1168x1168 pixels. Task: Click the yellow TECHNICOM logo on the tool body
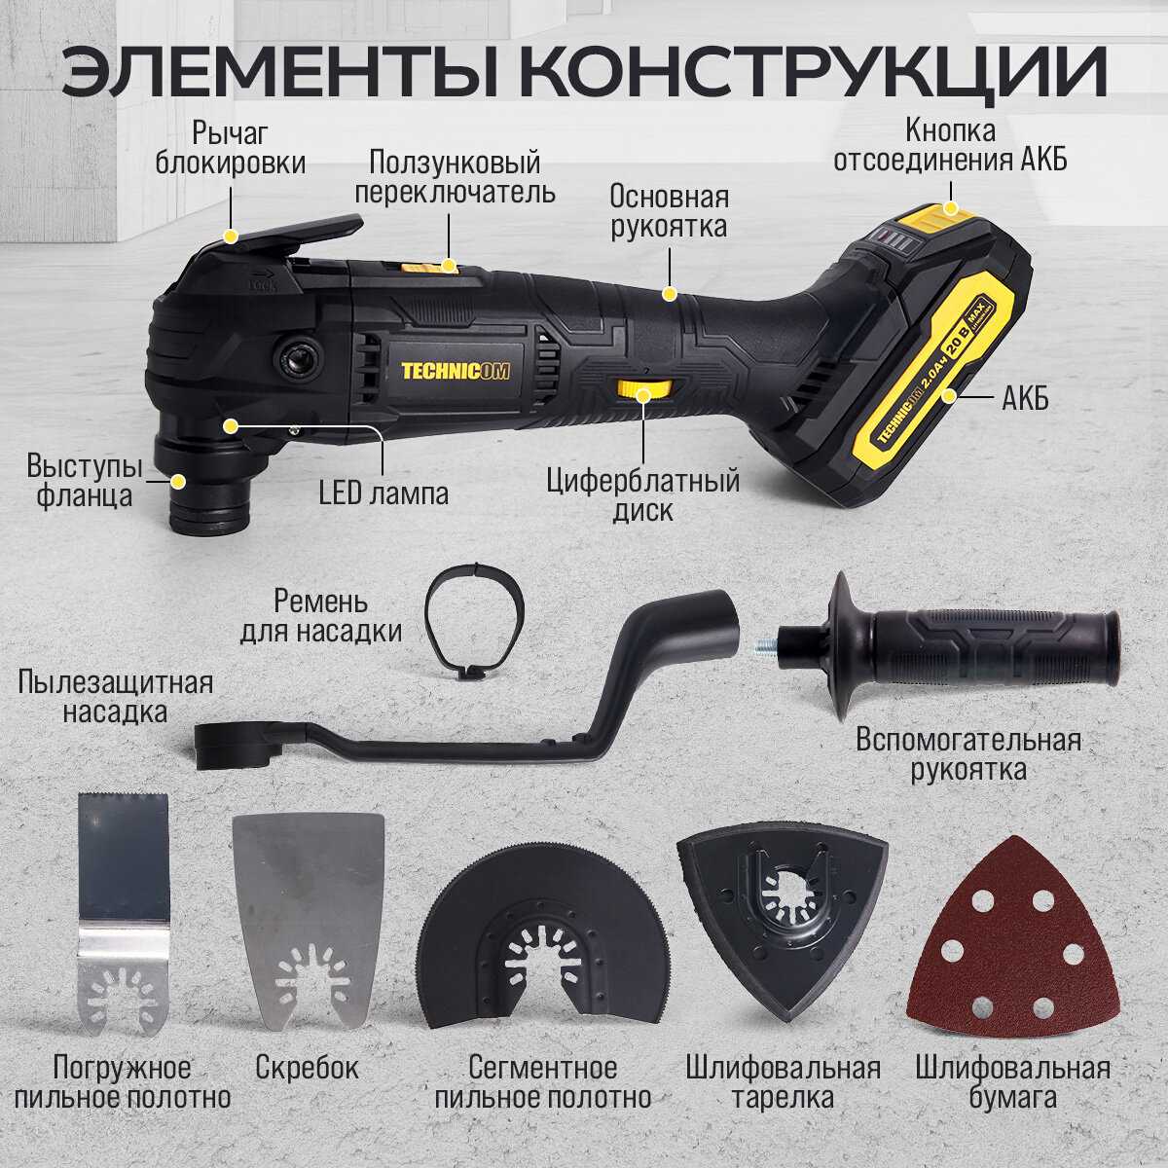click(456, 371)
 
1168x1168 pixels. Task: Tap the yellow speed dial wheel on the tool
click(643, 389)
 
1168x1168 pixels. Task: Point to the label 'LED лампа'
click(383, 494)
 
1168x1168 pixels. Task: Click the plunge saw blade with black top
click(125, 915)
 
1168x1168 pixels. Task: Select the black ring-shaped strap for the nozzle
click(474, 621)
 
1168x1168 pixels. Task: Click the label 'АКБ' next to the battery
click(1025, 398)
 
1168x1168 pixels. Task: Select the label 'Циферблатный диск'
click(643, 496)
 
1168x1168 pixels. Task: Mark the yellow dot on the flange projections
click(177, 482)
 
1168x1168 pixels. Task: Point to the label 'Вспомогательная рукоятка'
click(968, 755)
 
